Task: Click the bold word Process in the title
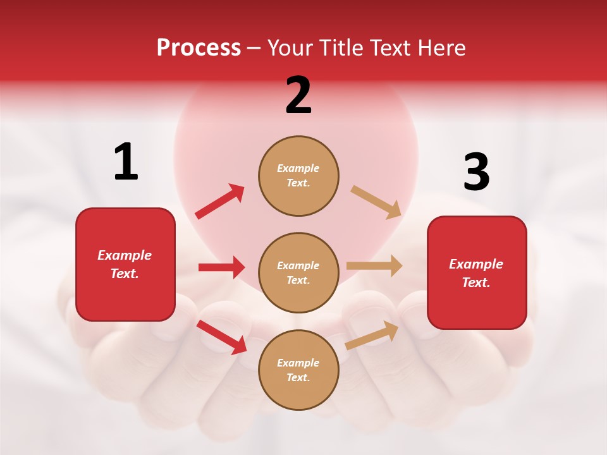[x=199, y=48]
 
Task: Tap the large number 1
[x=126, y=162]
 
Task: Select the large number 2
[x=298, y=95]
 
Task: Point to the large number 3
[x=476, y=172]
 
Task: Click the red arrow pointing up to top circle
[x=220, y=202]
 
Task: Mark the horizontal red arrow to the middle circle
[x=221, y=267]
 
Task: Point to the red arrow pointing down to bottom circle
[x=222, y=337]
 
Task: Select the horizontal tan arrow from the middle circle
[x=374, y=266]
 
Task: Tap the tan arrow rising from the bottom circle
[x=372, y=335]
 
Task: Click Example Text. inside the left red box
[x=125, y=264]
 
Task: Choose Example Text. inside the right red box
[x=476, y=273]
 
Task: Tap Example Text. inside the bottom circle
[x=298, y=370]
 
